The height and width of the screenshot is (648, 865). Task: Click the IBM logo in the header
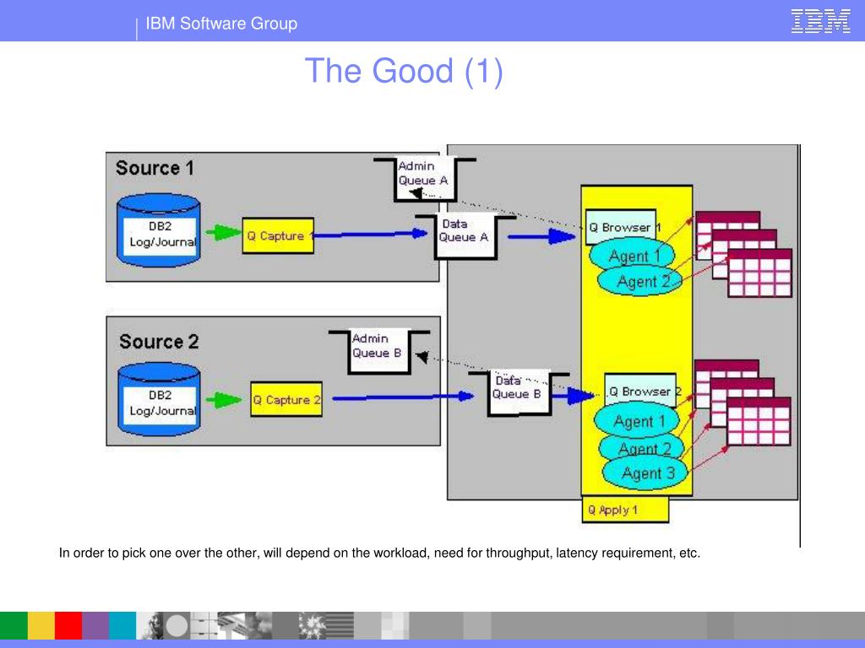coord(820,21)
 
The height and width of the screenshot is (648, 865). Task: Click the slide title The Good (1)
coord(404,71)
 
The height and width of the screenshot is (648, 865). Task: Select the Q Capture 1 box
coord(278,236)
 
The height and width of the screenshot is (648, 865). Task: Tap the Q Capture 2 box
coord(286,399)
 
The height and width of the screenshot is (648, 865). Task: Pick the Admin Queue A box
coord(424,179)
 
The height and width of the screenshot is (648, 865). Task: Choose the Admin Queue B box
coord(378,352)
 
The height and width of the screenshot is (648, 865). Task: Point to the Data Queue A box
coord(465,236)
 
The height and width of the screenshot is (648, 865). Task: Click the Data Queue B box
coord(518,393)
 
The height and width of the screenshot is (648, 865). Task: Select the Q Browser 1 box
coord(621,226)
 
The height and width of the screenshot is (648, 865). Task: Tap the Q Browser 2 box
coord(640,391)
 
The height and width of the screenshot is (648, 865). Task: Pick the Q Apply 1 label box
coord(625,510)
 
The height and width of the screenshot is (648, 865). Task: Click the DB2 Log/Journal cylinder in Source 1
coord(159,230)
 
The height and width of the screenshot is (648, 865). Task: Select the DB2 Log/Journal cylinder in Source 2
coord(159,399)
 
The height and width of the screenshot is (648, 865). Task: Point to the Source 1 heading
coord(155,168)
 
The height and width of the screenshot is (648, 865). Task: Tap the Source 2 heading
coord(159,342)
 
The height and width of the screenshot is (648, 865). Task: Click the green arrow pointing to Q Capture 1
coord(223,233)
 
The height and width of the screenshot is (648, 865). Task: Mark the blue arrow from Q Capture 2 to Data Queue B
coord(403,397)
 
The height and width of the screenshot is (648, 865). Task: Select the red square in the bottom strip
coord(68,625)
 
